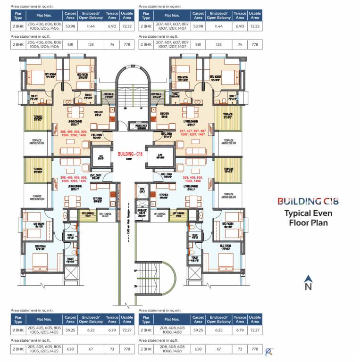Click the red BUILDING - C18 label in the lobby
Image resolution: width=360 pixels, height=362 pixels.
(x=130, y=154)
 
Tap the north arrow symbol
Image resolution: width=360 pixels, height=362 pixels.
(x=308, y=278)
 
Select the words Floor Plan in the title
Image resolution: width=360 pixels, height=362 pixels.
(x=308, y=222)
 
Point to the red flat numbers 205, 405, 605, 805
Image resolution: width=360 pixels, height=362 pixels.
(x=73, y=179)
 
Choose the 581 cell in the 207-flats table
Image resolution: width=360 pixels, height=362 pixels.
(x=198, y=45)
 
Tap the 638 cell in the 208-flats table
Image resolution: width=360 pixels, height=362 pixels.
(x=198, y=349)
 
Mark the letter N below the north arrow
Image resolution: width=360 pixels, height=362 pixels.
(x=308, y=287)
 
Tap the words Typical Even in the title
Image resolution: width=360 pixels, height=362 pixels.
(x=308, y=213)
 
